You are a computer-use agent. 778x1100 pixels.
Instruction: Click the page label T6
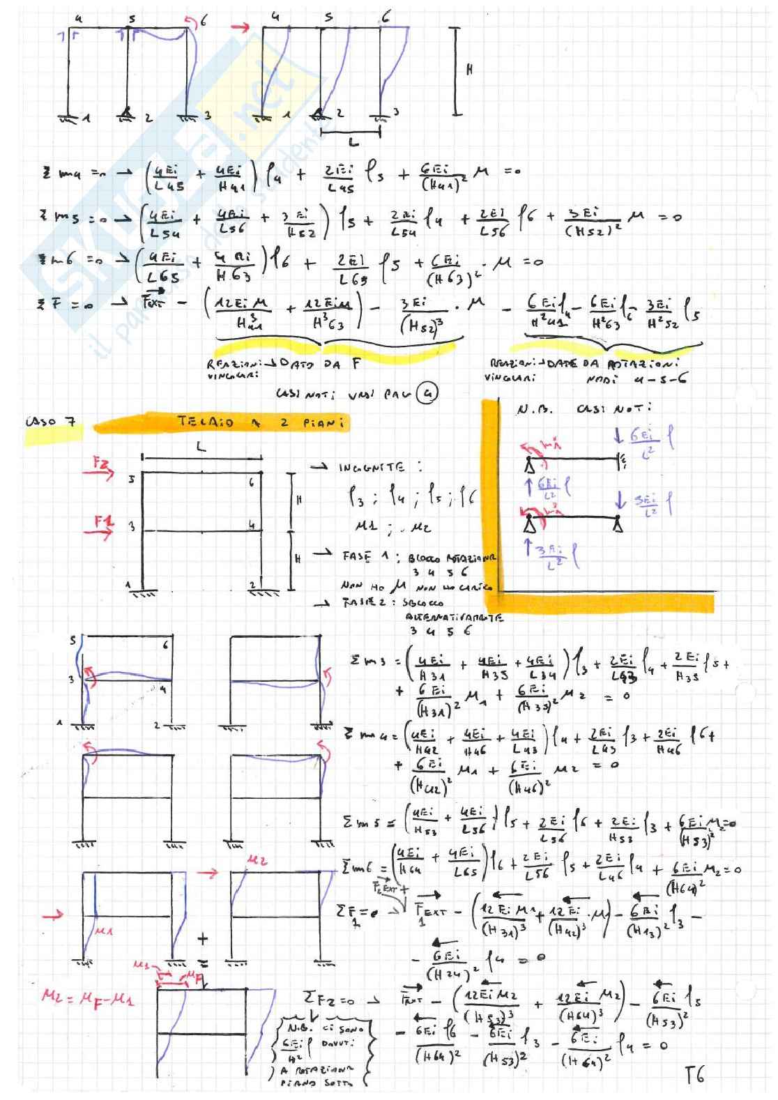[x=694, y=1074]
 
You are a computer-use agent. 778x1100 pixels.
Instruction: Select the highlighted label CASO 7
[x=52, y=422]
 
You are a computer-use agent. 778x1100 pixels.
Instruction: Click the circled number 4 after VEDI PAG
[x=425, y=395]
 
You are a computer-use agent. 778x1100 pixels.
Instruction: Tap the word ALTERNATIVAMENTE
[x=455, y=617]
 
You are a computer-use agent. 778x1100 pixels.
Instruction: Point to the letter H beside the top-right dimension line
[x=469, y=70]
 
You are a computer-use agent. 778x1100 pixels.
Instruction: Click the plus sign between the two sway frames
[x=202, y=938]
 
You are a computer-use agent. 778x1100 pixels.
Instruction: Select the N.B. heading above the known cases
[x=534, y=410]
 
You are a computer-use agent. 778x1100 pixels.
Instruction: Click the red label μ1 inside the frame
[x=104, y=929]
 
